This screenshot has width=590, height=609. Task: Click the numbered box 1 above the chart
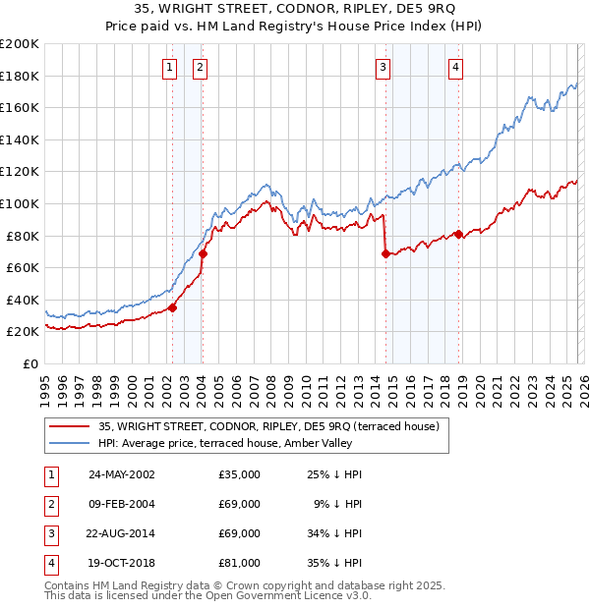point(170,67)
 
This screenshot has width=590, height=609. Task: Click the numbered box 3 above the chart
point(383,67)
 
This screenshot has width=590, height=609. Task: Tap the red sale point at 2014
point(385,253)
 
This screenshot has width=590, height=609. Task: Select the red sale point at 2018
point(458,234)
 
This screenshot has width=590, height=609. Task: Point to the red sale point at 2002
point(172,307)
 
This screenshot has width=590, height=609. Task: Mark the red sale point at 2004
point(203,253)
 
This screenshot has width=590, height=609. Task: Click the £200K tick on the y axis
point(19,44)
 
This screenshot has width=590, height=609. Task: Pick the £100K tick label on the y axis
point(19,203)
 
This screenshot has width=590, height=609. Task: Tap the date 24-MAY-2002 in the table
point(120,474)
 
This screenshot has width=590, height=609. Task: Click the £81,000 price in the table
point(240,563)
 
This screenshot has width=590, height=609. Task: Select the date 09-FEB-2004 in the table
point(120,504)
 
